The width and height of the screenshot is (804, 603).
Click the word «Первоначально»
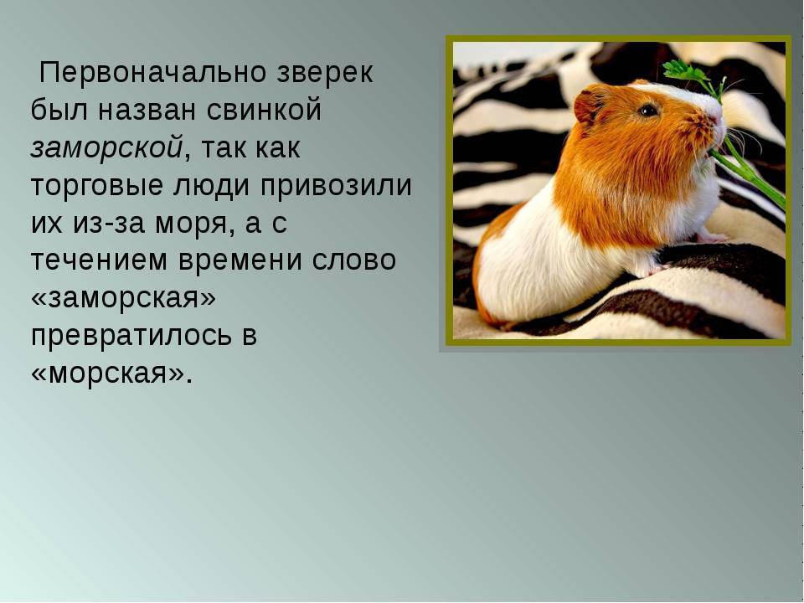pos(152,72)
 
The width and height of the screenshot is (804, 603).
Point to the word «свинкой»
pos(265,109)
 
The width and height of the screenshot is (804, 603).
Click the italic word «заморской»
pos(106,147)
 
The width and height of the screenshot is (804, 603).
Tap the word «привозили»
pos(336,185)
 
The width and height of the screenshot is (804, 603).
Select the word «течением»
pos(99,260)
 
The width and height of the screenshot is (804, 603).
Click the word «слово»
pos(354,260)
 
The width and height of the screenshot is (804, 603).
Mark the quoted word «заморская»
pos(123,298)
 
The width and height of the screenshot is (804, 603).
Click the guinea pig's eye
pos(648,110)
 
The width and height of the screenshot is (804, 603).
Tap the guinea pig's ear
pos(589,106)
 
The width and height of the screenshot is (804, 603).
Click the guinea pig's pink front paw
pos(713,237)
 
